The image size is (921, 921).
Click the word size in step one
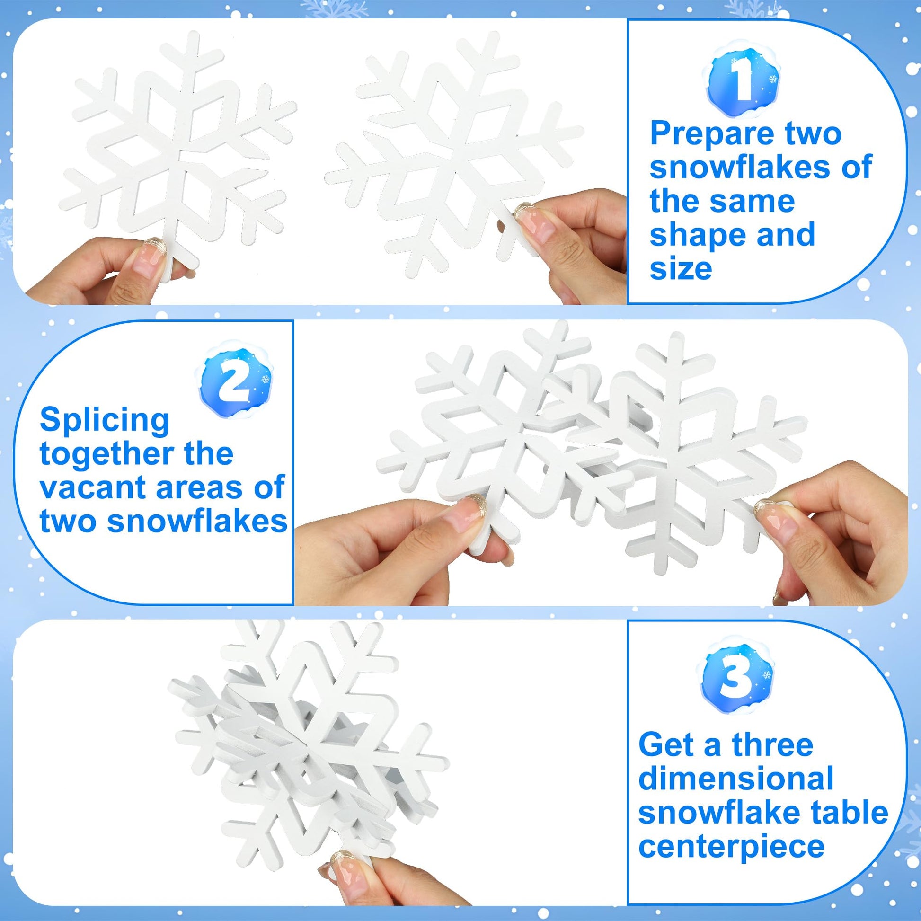681,269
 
